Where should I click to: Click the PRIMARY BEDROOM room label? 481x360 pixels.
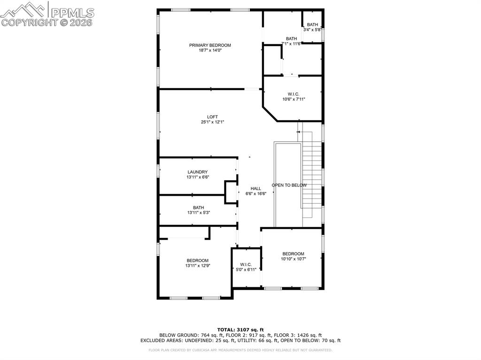click(210, 45)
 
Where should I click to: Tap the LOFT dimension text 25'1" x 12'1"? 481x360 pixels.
click(213, 123)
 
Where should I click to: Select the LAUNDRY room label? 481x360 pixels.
click(197, 172)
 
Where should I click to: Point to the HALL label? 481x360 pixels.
click(256, 188)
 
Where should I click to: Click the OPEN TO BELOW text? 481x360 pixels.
click(289, 185)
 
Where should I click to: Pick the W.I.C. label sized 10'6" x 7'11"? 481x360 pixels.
click(294, 94)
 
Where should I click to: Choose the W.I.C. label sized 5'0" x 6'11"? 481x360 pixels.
click(246, 264)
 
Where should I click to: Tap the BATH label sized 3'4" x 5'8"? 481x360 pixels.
click(312, 24)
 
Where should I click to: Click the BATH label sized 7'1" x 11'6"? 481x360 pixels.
click(291, 39)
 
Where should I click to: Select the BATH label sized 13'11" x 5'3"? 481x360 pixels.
click(198, 207)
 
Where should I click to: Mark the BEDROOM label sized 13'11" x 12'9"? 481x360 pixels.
click(197, 260)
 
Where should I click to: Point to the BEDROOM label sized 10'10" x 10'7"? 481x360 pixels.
click(293, 254)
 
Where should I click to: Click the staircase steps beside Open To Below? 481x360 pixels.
click(312, 174)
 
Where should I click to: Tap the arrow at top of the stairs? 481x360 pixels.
click(298, 132)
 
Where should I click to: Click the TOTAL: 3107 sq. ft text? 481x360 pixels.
click(240, 329)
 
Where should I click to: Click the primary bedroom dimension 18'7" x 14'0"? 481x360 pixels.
click(210, 51)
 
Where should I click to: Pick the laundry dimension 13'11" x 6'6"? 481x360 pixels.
click(197, 178)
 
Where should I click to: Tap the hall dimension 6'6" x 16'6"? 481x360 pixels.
click(256, 194)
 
